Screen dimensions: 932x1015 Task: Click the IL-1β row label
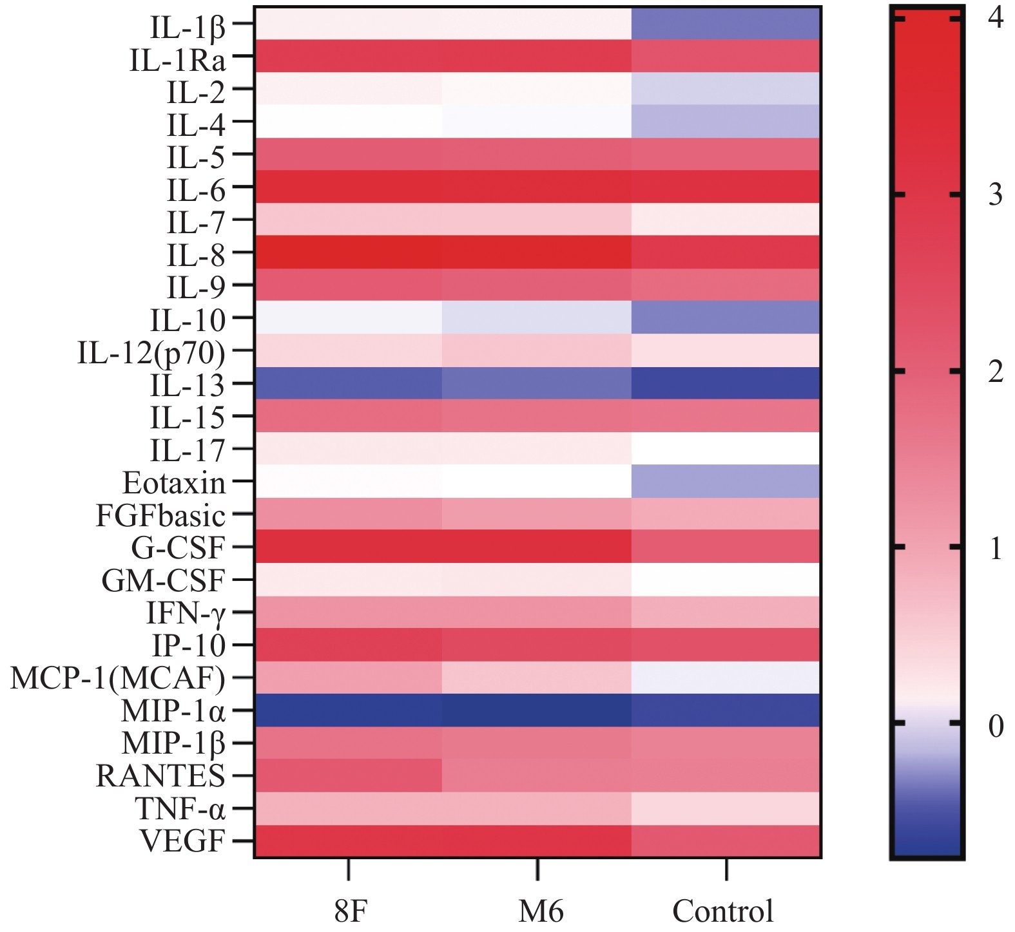188,26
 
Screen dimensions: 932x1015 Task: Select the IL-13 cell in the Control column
726,383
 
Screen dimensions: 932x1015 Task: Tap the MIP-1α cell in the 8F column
349,710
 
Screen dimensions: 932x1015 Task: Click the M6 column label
541,911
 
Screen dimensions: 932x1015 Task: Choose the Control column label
722,911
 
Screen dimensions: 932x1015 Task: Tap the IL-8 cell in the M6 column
537,252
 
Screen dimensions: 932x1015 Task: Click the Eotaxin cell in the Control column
726,482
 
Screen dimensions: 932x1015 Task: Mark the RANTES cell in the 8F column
349,775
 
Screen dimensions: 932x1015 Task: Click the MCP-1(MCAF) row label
118,678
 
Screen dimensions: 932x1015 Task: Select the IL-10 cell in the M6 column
537,318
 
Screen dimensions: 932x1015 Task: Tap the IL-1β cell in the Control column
726,24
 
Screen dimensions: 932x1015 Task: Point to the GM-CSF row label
163,580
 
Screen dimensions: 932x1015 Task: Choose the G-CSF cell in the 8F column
349,547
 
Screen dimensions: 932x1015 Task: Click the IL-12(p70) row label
151,352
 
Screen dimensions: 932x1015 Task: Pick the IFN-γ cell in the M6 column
537,613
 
